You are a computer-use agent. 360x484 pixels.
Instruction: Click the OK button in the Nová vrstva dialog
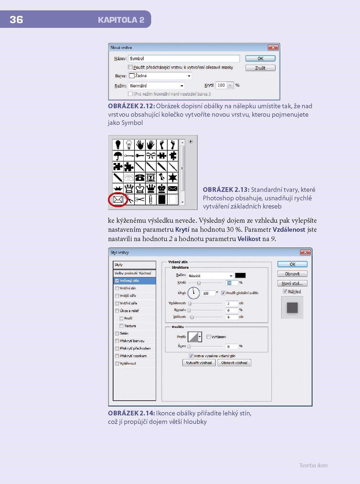pyautogui.click(x=260, y=58)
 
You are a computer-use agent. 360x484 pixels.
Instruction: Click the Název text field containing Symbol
pyautogui.click(x=184, y=58)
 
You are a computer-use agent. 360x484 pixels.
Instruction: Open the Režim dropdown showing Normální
pyautogui.click(x=156, y=86)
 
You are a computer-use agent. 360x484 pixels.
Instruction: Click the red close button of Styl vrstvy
pyautogui.click(x=305, y=252)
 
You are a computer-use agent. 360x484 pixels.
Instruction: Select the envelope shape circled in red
pyautogui.click(x=118, y=199)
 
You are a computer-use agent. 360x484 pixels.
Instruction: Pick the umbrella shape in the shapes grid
pyautogui.click(x=118, y=156)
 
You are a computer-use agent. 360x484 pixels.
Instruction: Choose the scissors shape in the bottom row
pyautogui.click(x=140, y=200)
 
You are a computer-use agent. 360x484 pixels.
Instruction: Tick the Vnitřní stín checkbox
pyautogui.click(x=117, y=288)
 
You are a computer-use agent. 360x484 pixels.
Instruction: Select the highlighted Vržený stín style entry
pyautogui.click(x=134, y=281)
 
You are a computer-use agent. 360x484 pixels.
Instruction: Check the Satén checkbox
pyautogui.click(x=117, y=333)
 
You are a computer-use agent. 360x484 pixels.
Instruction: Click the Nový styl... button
pyautogui.click(x=292, y=283)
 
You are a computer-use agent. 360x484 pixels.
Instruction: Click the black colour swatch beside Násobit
pyautogui.click(x=240, y=275)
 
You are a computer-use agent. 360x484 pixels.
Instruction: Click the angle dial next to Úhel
pyautogui.click(x=194, y=293)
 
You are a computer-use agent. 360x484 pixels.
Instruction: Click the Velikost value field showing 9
pyautogui.click(x=232, y=317)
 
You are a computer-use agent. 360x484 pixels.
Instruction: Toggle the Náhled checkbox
pyautogui.click(x=285, y=291)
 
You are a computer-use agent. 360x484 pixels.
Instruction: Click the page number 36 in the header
pyautogui.click(x=16, y=20)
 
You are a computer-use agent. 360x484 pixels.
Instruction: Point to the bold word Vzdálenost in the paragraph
pyautogui.click(x=289, y=230)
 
